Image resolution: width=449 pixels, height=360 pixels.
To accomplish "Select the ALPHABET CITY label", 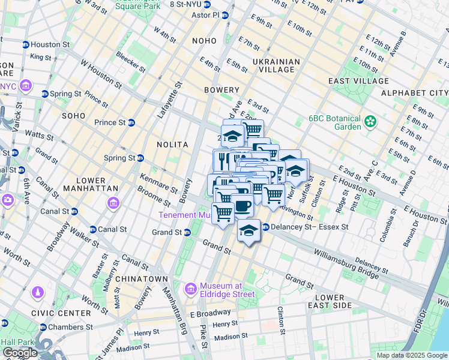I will [414, 93].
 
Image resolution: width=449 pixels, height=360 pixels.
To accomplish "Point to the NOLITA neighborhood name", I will [173, 145].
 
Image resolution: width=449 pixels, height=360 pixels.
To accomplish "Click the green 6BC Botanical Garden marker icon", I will [370, 122].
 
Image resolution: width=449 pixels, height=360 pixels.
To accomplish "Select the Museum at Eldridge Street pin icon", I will [191, 289].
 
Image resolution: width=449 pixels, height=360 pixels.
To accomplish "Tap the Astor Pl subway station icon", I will [226, 16].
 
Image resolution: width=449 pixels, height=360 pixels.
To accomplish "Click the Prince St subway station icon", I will [131, 122].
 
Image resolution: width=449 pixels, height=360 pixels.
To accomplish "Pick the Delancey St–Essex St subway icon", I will [265, 227].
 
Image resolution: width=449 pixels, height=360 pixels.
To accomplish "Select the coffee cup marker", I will [243, 206].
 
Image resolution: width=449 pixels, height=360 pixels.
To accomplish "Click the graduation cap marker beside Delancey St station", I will [249, 230].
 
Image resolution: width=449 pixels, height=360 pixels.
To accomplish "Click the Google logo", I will [20, 353].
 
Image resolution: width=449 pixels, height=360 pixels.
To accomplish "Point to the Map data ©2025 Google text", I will [411, 355].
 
